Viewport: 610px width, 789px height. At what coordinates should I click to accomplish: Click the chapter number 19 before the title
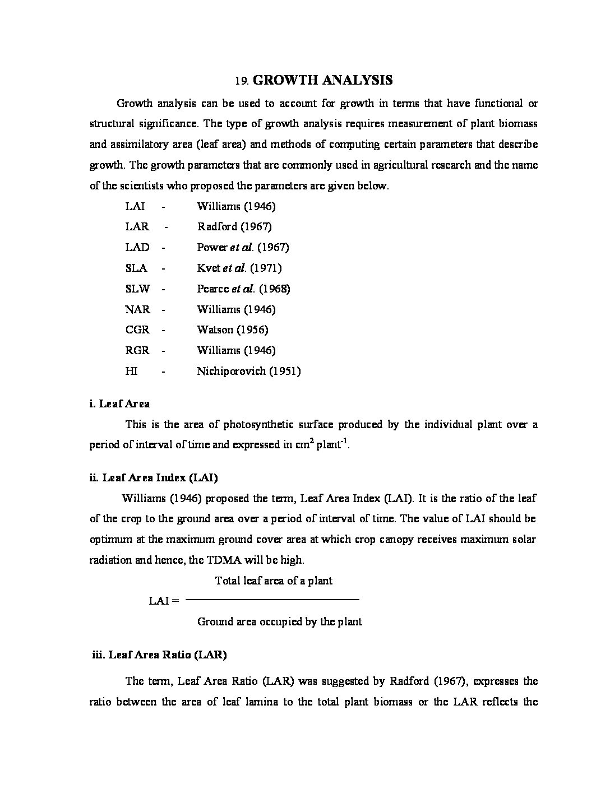[x=241, y=81]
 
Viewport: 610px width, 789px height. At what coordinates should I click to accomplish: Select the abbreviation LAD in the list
[x=137, y=247]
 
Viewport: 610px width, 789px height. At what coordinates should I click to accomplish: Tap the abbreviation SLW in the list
[x=137, y=289]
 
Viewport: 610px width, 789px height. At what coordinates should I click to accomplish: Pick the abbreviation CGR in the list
[x=137, y=329]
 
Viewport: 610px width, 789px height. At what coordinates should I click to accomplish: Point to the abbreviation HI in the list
[x=131, y=371]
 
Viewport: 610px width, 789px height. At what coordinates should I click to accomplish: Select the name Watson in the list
[x=214, y=329]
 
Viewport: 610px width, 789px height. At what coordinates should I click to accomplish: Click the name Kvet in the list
[x=209, y=268]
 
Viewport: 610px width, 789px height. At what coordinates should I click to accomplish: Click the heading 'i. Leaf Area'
[x=119, y=403]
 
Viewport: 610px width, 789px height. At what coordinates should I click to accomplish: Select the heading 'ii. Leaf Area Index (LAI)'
[x=154, y=477]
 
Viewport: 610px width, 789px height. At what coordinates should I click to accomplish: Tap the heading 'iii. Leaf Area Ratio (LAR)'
[x=159, y=655]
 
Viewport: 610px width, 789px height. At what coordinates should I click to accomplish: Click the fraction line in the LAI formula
[x=272, y=600]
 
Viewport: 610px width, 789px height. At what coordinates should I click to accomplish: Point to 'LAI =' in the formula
[x=164, y=601]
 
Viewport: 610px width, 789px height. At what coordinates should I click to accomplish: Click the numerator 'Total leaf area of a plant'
[x=274, y=581]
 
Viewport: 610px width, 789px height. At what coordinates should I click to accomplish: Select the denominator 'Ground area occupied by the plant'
[x=279, y=621]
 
